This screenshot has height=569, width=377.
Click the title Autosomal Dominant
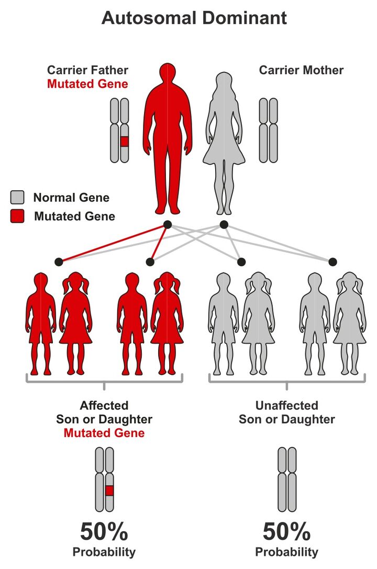tap(194, 18)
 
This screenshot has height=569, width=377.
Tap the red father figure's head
tap(168, 72)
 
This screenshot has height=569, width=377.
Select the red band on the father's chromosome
tap(124, 142)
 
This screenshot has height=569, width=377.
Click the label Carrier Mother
tap(301, 70)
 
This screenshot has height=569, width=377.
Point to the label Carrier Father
tap(87, 70)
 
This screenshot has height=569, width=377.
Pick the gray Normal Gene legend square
tap(17, 197)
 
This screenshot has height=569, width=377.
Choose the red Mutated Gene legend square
tap(17, 216)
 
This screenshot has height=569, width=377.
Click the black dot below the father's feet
tap(168, 225)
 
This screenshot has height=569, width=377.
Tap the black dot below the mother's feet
tap(224, 225)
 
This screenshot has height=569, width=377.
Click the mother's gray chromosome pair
tap(269, 130)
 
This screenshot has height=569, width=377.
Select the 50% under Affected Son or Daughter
tap(104, 532)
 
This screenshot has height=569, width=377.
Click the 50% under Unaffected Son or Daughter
tap(286, 532)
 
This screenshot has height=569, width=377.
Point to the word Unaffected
tap(286, 405)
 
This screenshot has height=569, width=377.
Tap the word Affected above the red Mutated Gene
tap(104, 405)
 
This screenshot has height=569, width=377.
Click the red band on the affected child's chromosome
tap(109, 491)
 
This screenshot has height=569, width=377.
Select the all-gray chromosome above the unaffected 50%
tap(287, 480)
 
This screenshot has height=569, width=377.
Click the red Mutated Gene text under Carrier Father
tap(87, 84)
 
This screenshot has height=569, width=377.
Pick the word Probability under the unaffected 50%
tap(286, 552)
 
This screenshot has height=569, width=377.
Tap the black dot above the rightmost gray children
tap(332, 261)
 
